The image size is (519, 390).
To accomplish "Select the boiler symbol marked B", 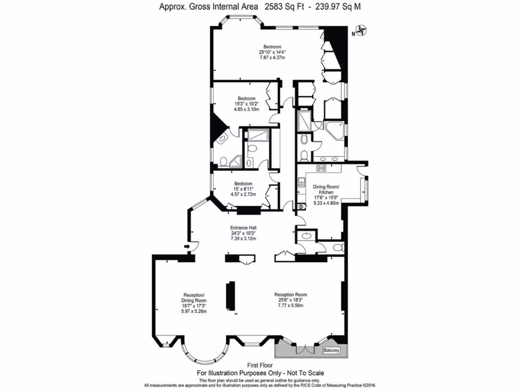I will pos(301,207).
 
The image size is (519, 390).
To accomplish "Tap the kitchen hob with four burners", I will pos(321,168).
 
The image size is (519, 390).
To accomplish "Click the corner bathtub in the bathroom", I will pos(334,129).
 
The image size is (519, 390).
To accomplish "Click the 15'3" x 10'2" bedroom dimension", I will pos(247,104).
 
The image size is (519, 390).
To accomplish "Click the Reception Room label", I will pos(290,295).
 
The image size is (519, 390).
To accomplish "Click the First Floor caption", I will pos(259,365).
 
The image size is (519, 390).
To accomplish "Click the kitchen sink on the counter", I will pos(301,181).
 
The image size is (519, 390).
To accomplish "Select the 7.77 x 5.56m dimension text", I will pos(290,306).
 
